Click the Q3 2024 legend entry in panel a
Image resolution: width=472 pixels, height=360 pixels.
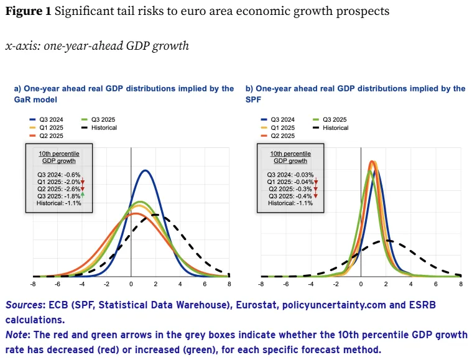(x=47, y=119)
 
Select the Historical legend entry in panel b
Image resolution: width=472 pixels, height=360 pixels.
(x=330, y=127)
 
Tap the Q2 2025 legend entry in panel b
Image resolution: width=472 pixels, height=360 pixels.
(x=277, y=136)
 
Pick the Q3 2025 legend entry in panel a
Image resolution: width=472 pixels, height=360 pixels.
(x=98, y=119)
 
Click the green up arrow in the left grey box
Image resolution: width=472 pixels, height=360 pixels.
(x=83, y=195)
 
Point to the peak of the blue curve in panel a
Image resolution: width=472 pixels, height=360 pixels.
(x=146, y=170)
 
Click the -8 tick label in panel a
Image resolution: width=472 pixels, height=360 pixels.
(x=33, y=284)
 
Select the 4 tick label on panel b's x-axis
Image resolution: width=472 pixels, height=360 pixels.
(x=411, y=284)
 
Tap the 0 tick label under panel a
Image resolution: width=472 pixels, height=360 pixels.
(x=131, y=284)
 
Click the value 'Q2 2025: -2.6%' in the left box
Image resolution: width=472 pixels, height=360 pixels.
(x=58, y=189)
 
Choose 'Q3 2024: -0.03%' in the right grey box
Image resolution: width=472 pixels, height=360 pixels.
(x=290, y=175)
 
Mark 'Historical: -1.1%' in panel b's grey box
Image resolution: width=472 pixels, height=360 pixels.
(x=290, y=203)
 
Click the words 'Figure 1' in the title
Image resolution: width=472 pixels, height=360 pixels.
(x=29, y=11)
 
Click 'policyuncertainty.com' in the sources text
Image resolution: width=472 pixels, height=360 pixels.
(x=334, y=305)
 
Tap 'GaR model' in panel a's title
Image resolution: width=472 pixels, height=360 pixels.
(x=35, y=99)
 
